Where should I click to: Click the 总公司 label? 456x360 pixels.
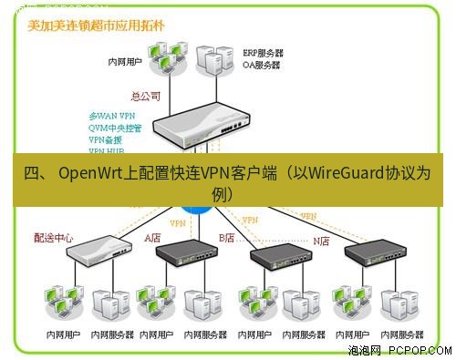point(146,94)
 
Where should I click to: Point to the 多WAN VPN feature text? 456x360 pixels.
point(111,117)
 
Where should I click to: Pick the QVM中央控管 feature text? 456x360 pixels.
point(114,129)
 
